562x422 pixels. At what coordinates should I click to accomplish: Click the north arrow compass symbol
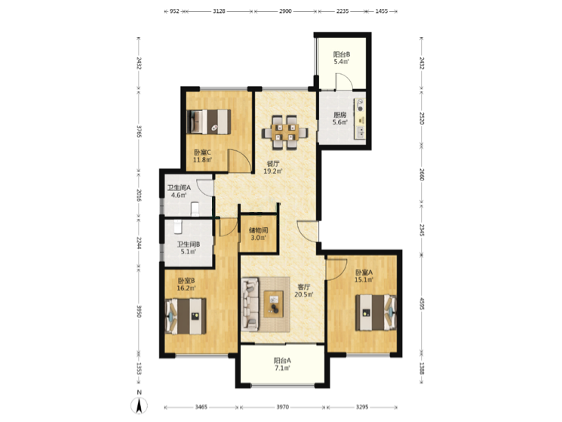[139, 405]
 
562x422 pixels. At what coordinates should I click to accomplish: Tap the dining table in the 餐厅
[285, 132]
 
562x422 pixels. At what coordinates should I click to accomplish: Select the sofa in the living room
[250, 304]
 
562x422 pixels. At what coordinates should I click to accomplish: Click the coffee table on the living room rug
[274, 304]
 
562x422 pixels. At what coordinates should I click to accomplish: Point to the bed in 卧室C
[209, 122]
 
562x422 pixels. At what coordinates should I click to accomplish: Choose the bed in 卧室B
[186, 316]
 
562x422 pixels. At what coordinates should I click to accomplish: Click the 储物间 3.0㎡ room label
[258, 234]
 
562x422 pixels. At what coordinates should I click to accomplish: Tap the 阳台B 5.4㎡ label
[341, 58]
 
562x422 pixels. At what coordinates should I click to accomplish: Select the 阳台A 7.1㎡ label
[282, 365]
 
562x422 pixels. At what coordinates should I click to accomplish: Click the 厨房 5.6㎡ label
[339, 119]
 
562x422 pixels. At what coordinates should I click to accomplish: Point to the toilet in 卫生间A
[195, 209]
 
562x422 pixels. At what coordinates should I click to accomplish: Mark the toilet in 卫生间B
[178, 226]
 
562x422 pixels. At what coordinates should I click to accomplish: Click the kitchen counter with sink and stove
[360, 119]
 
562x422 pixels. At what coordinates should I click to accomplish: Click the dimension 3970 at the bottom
[282, 408]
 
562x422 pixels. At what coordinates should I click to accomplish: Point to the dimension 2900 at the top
[285, 11]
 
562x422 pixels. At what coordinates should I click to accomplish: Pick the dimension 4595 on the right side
[422, 303]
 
